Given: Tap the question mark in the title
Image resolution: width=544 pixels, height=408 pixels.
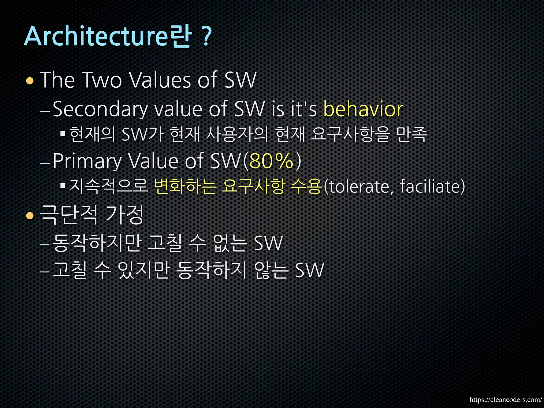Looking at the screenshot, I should click(206, 37).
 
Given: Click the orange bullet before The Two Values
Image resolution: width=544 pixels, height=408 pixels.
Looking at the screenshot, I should click(30, 81).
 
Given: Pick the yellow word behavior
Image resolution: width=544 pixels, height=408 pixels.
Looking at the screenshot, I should click(363, 109).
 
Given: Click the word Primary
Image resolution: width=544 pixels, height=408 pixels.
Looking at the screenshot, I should click(87, 161).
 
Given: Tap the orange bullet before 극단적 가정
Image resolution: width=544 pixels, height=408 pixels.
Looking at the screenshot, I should click(30, 216).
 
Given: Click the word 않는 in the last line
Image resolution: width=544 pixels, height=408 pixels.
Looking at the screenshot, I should click(271, 270).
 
